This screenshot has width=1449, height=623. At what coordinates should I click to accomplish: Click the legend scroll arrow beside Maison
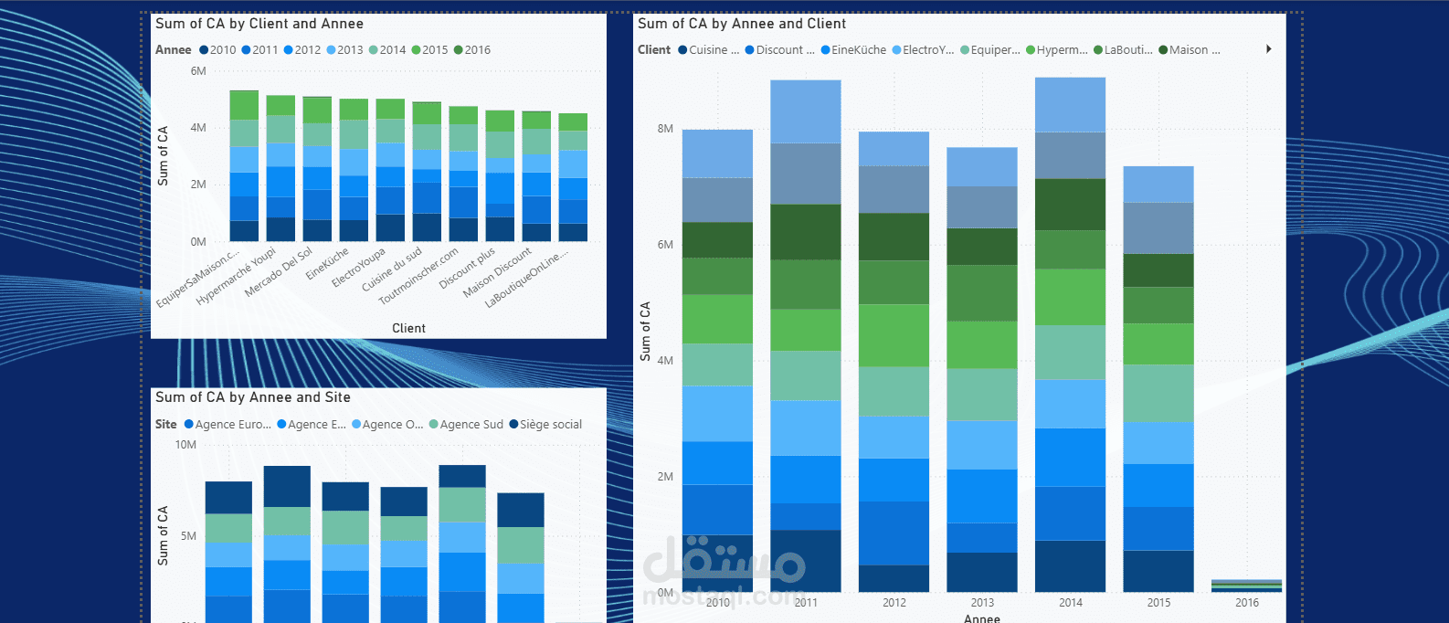1269,49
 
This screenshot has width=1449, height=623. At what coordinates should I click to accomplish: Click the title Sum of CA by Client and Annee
259,24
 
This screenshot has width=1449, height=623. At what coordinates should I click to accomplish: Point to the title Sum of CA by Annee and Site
253,397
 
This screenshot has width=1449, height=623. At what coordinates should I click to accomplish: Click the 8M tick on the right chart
665,129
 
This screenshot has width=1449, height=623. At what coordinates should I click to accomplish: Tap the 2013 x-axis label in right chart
982,603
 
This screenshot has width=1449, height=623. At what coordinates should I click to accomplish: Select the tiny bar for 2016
1246,586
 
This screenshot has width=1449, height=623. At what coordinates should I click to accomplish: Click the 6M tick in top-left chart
198,71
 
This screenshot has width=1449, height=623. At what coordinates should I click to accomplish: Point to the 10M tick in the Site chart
185,445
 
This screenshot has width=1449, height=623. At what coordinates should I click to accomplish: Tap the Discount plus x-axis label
469,267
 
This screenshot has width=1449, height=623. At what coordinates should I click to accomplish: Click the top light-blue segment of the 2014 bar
1070,104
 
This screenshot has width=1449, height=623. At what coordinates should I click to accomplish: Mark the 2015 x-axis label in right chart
1158,603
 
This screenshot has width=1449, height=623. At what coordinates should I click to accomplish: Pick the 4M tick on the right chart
665,361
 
